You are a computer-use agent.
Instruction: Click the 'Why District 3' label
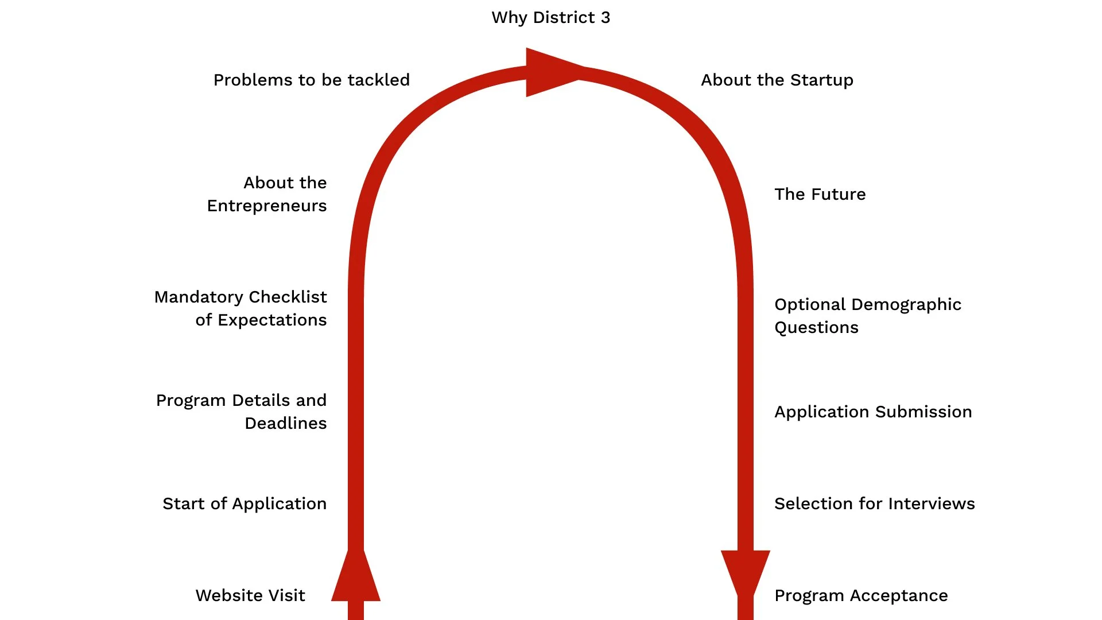pos(550,18)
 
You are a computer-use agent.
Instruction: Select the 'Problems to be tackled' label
pos(312,80)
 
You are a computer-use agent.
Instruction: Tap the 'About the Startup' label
pos(777,80)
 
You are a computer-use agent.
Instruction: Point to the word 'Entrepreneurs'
pos(267,206)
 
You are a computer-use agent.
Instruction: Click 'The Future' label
pos(820,195)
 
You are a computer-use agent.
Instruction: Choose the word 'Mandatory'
pos(199,297)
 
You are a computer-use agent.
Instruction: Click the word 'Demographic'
pos(909,305)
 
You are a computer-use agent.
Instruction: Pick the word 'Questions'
pos(816,328)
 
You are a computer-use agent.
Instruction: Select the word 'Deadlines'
pos(285,424)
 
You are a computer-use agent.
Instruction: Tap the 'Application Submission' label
pos(873,412)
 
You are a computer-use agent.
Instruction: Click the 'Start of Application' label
pos(245,504)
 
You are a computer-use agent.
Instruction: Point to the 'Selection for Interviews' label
pos(874,504)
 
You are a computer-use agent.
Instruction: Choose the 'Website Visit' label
pos(250,596)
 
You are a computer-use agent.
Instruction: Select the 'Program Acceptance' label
pos(861,596)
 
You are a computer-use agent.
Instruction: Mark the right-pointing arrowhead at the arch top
pos(551,72)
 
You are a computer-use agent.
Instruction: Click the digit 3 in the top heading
pos(606,18)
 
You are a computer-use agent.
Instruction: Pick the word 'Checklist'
pos(288,297)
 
